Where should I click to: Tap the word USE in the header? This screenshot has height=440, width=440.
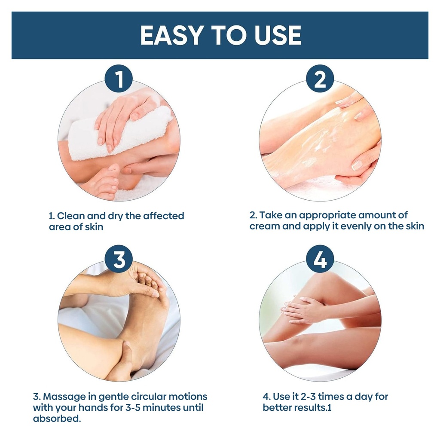(278, 35)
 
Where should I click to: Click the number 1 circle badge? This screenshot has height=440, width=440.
(119, 79)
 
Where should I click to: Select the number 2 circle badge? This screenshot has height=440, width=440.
(320, 79)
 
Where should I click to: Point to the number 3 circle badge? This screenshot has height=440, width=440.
(119, 259)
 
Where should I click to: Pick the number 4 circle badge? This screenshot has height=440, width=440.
(320, 259)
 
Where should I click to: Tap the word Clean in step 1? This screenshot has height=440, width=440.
(71, 216)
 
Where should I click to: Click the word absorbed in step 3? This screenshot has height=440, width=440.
(57, 419)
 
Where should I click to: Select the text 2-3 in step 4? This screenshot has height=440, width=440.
(308, 397)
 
